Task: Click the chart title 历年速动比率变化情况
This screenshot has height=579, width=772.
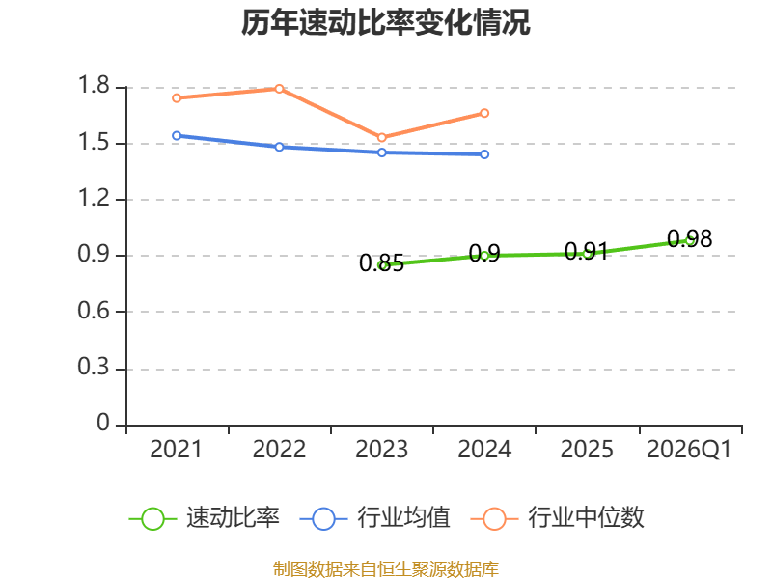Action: [x=385, y=22]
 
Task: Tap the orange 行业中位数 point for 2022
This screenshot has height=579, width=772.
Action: [x=279, y=89]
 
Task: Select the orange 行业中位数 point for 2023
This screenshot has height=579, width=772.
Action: [x=382, y=137]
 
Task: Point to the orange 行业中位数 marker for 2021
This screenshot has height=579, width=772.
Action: [x=177, y=98]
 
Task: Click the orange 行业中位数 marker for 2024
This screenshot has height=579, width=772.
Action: [x=484, y=113]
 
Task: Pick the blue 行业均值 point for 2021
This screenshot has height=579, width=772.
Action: [x=177, y=135]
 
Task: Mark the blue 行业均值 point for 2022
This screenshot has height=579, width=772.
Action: [x=279, y=147]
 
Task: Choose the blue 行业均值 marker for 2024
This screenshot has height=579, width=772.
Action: [x=484, y=154]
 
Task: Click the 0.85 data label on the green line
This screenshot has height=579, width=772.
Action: [x=381, y=263]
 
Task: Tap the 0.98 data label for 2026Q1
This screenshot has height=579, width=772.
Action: [x=690, y=239]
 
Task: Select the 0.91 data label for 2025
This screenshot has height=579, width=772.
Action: [x=587, y=252]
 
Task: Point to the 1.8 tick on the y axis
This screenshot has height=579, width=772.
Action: [x=94, y=86]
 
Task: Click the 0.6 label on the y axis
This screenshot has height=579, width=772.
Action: [x=94, y=311]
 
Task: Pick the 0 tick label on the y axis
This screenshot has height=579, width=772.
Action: [x=103, y=423]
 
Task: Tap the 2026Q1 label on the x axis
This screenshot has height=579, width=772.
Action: [x=689, y=449]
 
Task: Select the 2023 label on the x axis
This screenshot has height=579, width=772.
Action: [x=381, y=449]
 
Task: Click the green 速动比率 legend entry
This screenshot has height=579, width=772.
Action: [x=205, y=518]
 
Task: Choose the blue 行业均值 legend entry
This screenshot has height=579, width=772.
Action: [x=374, y=518]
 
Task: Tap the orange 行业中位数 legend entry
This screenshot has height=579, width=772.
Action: [x=558, y=518]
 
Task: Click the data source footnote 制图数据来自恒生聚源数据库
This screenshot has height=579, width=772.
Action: [x=385, y=569]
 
